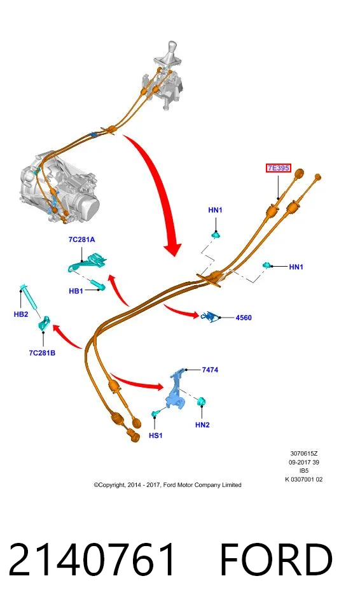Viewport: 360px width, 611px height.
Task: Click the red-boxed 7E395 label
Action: point(279,168)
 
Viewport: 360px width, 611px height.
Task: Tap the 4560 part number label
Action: point(244,318)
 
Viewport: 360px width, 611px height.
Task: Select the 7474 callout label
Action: point(210,370)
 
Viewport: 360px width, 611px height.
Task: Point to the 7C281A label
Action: point(81,240)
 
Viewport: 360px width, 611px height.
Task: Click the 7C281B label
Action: point(42,353)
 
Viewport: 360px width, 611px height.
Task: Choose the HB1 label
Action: point(76,291)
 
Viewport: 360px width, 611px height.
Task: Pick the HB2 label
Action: point(21,314)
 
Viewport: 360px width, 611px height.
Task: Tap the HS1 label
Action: point(155,435)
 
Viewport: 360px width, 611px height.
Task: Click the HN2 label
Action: point(202,425)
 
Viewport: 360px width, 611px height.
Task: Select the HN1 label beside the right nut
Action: point(296,267)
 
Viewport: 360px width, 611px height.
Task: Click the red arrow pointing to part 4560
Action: point(181,311)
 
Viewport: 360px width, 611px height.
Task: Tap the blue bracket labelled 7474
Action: point(177,391)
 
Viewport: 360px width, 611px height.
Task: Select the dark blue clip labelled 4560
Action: point(210,316)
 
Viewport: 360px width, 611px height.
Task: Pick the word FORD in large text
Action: point(276,560)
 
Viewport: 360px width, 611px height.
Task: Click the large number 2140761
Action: point(92,560)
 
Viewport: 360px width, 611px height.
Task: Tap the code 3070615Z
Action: point(304,454)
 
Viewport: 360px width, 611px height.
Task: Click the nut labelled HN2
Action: point(202,402)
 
